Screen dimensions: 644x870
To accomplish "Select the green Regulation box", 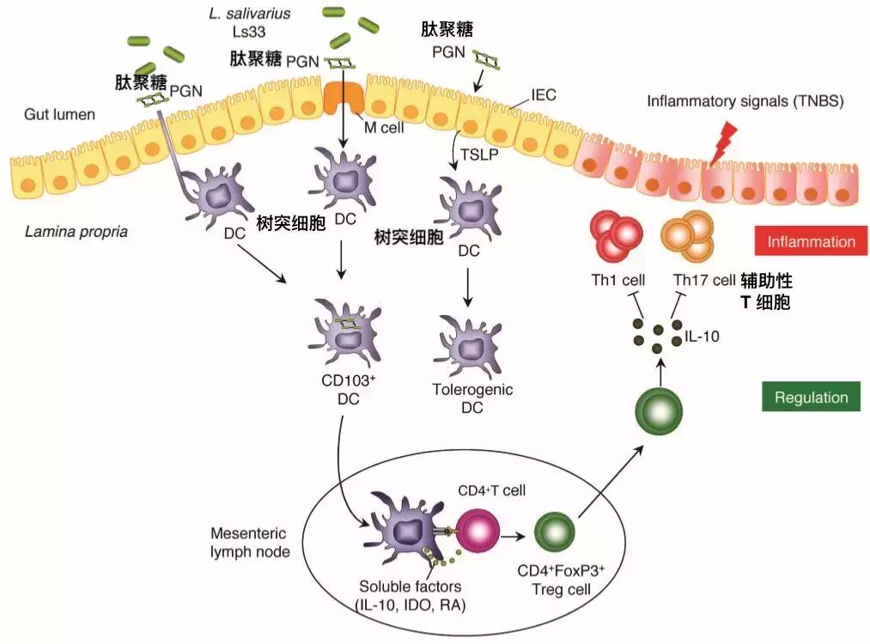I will [x=811, y=398].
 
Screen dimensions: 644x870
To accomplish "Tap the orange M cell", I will [x=343, y=101].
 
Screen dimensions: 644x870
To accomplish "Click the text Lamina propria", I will [x=77, y=232].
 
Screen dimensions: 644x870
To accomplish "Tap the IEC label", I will [x=545, y=95].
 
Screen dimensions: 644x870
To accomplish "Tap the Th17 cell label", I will [x=704, y=281].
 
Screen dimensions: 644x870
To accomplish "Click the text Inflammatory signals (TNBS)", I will [x=745, y=100].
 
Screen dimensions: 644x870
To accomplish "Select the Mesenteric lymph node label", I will [x=250, y=542].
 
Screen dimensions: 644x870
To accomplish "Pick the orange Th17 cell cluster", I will [x=688, y=236].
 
